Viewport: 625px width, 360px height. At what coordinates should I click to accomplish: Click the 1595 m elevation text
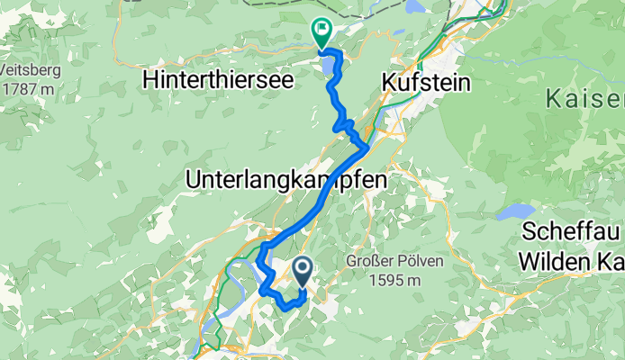click(394, 280)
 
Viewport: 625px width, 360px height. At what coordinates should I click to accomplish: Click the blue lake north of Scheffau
click(516, 211)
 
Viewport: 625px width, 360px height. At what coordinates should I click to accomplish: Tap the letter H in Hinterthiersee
click(149, 79)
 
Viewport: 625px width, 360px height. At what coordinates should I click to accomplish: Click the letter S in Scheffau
click(528, 231)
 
